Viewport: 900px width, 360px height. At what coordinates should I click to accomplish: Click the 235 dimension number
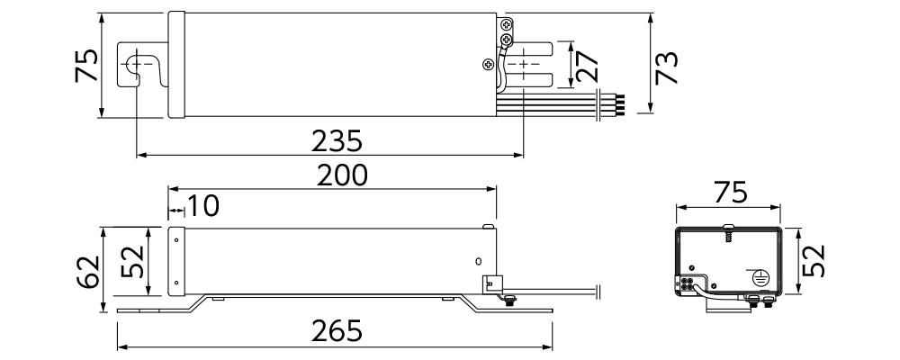pyautogui.click(x=337, y=141)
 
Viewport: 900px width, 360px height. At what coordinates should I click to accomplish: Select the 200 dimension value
pyautogui.click(x=342, y=175)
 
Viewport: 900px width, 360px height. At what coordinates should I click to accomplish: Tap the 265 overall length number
pyautogui.click(x=337, y=330)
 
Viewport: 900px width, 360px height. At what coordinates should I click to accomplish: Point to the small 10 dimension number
pyautogui.click(x=203, y=205)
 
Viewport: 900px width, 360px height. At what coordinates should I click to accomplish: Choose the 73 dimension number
pyautogui.click(x=666, y=67)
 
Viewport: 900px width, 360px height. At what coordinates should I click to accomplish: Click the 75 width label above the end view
pyautogui.click(x=731, y=193)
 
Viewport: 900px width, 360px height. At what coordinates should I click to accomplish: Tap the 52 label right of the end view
pyautogui.click(x=813, y=261)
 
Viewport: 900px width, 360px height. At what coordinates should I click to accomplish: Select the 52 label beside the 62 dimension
pyautogui.click(x=134, y=261)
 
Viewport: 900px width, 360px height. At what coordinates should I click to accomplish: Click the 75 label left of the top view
pyautogui.click(x=86, y=66)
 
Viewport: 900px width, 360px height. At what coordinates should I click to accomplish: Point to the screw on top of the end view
pyautogui.click(x=728, y=232)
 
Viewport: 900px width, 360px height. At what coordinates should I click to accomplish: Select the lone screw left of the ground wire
pyautogui.click(x=488, y=64)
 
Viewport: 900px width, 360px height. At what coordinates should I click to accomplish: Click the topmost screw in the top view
pyautogui.click(x=507, y=24)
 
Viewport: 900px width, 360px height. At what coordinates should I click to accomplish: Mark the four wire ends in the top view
pyautogui.click(x=620, y=105)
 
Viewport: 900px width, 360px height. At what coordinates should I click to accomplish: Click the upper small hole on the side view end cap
pyautogui.click(x=176, y=240)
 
